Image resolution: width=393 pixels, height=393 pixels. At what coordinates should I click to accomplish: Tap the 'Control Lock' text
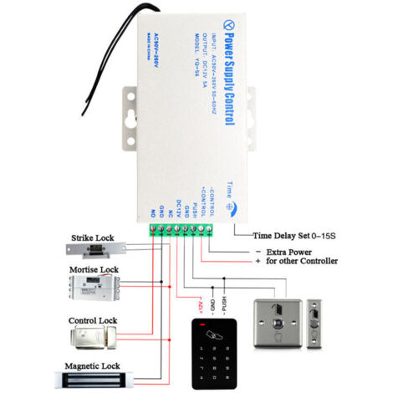point(94,320)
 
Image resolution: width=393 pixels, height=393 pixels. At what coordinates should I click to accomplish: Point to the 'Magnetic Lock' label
point(94,366)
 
